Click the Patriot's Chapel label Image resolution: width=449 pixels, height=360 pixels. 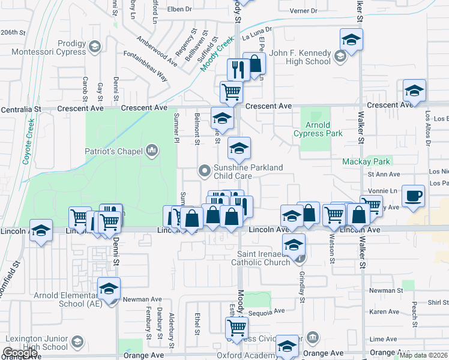(118, 149)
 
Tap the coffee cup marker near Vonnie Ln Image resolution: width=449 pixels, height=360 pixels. (414, 196)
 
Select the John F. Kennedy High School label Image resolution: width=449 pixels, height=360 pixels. (300, 57)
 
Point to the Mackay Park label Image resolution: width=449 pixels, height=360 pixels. (366, 161)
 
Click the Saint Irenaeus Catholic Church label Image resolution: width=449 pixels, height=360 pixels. (264, 258)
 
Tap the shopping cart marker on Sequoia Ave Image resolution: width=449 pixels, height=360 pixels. (237, 328)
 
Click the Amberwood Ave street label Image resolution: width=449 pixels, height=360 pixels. (157, 50)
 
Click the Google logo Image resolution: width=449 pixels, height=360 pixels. (20, 353)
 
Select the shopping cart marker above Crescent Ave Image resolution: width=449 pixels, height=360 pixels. (231, 92)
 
